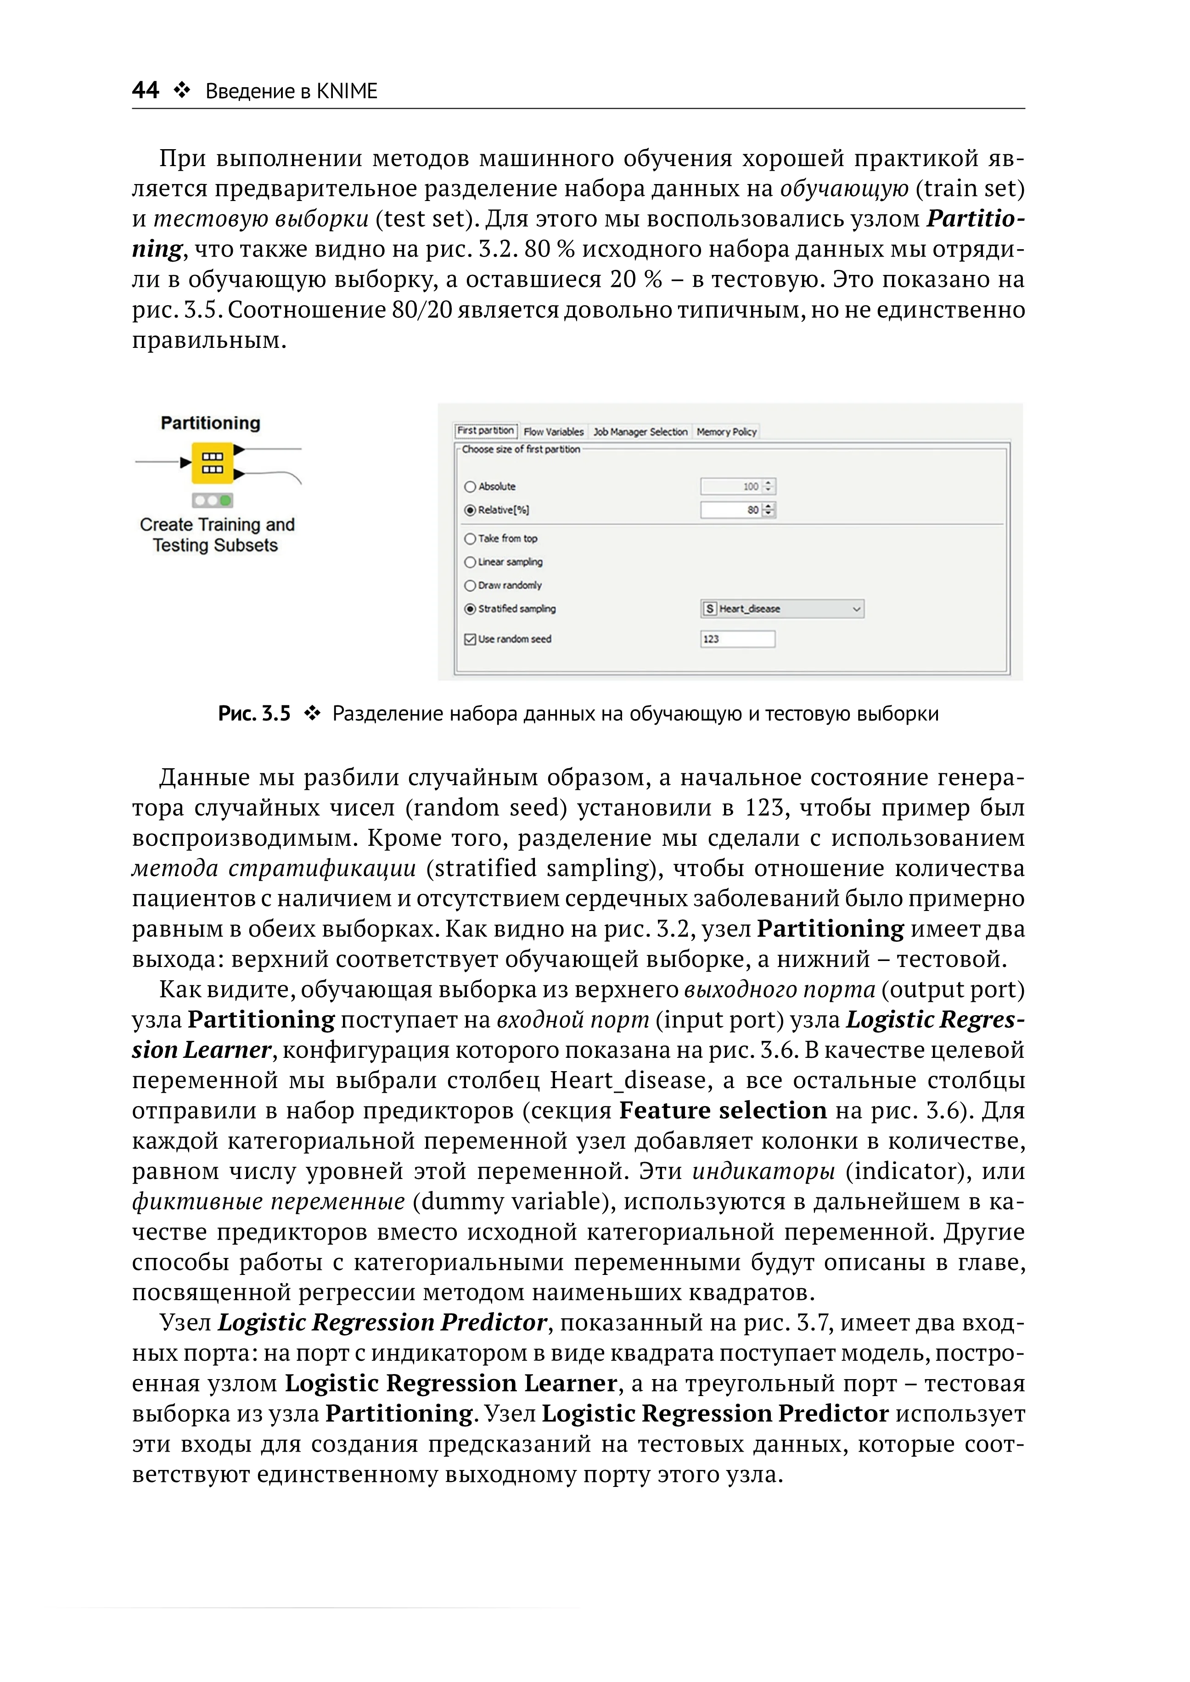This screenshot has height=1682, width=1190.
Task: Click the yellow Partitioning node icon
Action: [x=213, y=463]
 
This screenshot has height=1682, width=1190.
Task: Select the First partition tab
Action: [x=486, y=431]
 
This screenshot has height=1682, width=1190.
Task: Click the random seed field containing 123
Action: [x=736, y=639]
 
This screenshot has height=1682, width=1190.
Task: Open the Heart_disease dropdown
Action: [x=782, y=609]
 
